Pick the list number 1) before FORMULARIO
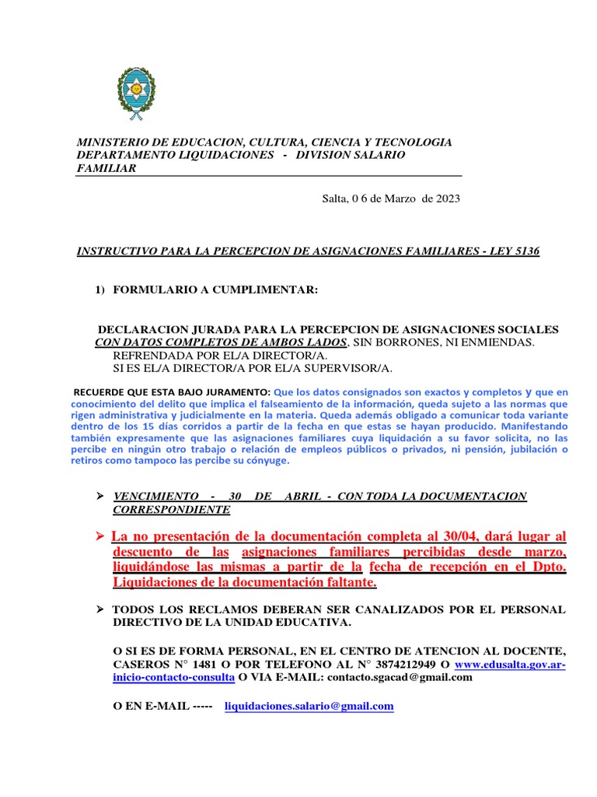[99, 290]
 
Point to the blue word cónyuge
[266, 461]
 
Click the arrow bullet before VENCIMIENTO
[99, 497]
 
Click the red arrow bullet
[99, 537]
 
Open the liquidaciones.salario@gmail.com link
[309, 706]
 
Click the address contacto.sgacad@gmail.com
[400, 677]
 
